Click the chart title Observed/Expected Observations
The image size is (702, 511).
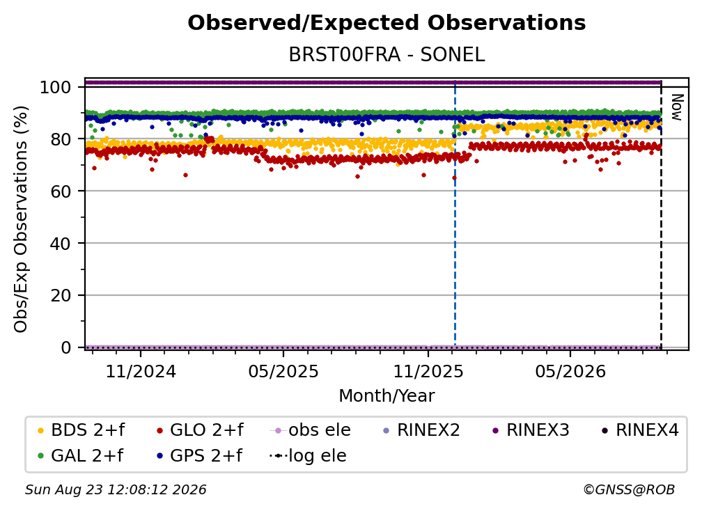387,23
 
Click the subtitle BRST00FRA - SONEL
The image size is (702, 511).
387,55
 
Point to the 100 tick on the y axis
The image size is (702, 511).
55,87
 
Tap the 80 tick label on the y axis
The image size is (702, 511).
61,139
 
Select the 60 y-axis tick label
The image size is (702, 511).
61,191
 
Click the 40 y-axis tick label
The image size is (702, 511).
61,244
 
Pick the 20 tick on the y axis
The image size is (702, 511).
61,295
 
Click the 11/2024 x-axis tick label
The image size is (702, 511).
141,371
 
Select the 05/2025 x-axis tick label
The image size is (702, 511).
283,371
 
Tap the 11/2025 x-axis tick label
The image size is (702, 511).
428,371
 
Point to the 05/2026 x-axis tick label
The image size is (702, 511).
570,371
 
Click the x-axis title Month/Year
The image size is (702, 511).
387,396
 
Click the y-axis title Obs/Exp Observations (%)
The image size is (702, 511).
21,219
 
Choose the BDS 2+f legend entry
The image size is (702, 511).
81,430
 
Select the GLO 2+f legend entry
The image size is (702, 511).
200,430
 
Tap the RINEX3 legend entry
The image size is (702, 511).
531,430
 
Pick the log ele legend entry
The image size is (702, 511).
308,455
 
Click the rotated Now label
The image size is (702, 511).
677,107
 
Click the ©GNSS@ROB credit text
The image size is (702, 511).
629,489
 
